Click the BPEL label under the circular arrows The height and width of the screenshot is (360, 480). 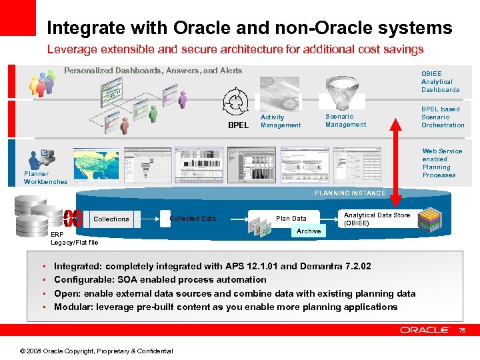pyautogui.click(x=237, y=125)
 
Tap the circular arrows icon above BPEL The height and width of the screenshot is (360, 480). pyautogui.click(x=235, y=102)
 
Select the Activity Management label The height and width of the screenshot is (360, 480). pyautogui.click(x=280, y=121)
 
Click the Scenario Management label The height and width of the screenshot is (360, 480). pyautogui.click(x=345, y=120)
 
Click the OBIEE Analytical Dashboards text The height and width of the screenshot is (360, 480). pyautogui.click(x=440, y=81)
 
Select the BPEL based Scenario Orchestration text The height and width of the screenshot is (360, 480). pyautogui.click(x=443, y=117)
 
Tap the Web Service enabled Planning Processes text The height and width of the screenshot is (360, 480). pyautogui.click(x=441, y=163)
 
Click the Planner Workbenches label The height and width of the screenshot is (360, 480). pyautogui.click(x=45, y=178)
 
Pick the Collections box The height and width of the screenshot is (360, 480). pyautogui.click(x=111, y=219)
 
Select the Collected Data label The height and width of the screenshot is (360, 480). pyautogui.click(x=193, y=219)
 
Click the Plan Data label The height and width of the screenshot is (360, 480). pyautogui.click(x=291, y=219)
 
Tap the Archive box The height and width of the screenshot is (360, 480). pyautogui.click(x=309, y=231)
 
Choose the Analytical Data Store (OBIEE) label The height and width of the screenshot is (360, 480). pyautogui.click(x=377, y=219)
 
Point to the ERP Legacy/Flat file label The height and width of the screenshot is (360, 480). pyautogui.click(x=74, y=239)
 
